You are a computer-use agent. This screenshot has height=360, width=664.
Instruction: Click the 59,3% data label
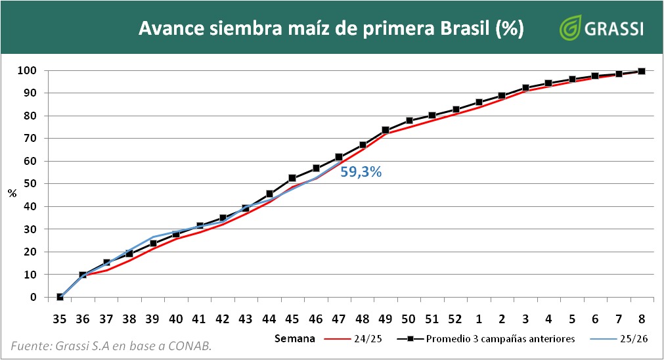361,172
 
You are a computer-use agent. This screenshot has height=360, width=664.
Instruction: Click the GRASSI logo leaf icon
569,29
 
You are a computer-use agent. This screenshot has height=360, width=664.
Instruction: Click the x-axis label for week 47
339,319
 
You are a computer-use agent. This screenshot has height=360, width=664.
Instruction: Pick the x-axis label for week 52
455,319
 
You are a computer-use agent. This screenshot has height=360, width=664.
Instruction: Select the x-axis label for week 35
60,319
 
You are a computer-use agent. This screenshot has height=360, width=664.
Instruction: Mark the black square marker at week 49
386,130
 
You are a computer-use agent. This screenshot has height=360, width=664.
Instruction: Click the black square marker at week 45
292,178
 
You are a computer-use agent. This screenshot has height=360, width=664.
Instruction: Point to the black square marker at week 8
642,71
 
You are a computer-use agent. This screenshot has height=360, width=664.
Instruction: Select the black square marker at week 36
83,275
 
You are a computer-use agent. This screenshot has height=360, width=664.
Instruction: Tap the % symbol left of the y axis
11,193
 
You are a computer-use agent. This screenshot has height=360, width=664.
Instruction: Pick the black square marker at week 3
525,87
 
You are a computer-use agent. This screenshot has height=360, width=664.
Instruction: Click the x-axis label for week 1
479,319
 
